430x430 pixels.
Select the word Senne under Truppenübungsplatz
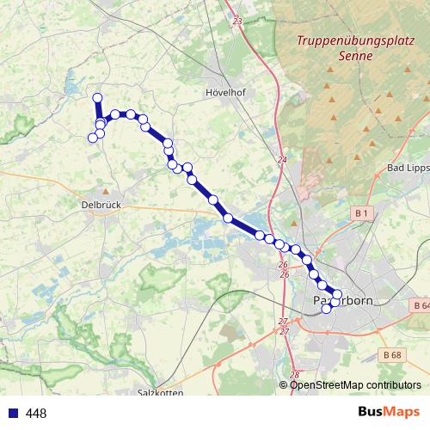[x=356, y=56]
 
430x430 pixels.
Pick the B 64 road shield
[x=419, y=306]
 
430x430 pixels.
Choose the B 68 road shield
[x=391, y=353]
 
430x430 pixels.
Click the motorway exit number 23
[x=237, y=20]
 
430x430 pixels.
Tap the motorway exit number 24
[x=281, y=160]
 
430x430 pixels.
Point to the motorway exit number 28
[x=294, y=375]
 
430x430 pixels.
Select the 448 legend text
[x=36, y=414]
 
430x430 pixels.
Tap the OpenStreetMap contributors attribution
[x=355, y=384]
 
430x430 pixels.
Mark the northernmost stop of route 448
[x=97, y=97]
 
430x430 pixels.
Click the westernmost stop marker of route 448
[x=93, y=138]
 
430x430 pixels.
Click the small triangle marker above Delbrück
[x=105, y=191]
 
